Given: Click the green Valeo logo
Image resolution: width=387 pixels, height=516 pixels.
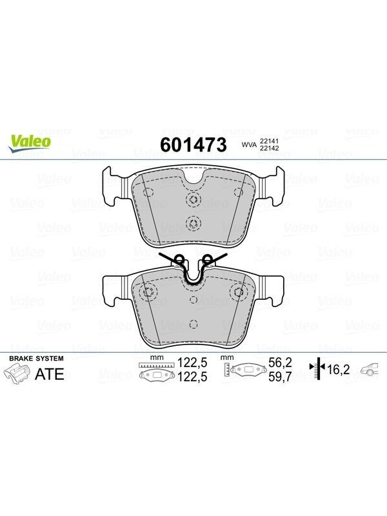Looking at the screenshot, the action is click(x=30, y=143).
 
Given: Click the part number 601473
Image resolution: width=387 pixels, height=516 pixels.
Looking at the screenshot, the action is click(x=193, y=144).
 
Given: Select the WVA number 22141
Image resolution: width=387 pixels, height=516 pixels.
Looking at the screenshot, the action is click(x=269, y=141).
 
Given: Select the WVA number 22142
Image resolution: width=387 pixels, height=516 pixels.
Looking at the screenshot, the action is click(x=269, y=148).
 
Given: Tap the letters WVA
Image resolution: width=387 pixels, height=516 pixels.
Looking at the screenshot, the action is click(x=249, y=144).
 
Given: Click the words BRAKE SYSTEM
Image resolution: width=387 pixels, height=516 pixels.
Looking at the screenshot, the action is click(x=36, y=359).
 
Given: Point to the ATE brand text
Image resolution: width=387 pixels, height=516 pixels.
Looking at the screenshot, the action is click(x=50, y=374).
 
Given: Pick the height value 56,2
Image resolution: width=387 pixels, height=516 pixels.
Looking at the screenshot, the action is click(x=280, y=362).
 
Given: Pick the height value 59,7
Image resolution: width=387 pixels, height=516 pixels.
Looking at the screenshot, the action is click(x=280, y=377).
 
